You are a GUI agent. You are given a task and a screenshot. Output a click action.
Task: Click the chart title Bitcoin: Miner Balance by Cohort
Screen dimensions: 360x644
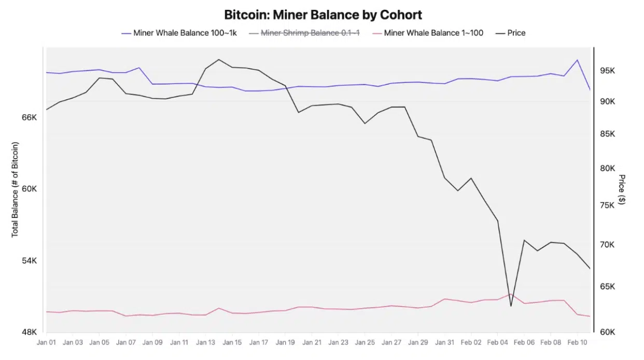[x=323, y=14]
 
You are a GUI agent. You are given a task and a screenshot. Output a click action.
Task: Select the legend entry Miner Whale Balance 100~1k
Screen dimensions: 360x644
[x=185, y=33]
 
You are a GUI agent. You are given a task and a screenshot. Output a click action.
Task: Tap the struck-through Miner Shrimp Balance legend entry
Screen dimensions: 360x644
[x=310, y=33]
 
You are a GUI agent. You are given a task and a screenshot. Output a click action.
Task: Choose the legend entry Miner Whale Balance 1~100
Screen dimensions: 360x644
[x=433, y=33]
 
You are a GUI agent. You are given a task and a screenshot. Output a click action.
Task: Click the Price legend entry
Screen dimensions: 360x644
[x=516, y=33]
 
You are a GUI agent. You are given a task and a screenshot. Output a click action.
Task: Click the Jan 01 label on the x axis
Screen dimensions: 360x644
[x=47, y=342]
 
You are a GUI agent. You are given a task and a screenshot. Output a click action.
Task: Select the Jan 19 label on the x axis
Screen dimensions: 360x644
[x=285, y=342]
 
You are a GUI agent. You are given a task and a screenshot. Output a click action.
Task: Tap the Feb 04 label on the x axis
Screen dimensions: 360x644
[x=498, y=342]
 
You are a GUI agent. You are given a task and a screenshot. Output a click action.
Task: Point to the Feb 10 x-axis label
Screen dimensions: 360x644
[x=577, y=342]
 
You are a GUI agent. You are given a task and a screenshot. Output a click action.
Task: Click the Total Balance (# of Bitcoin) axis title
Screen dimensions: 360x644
[x=15, y=189]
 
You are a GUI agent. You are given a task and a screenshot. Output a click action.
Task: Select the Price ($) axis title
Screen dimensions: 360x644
[x=622, y=189]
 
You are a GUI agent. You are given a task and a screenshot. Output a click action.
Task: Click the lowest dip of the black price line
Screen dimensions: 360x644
[x=511, y=306]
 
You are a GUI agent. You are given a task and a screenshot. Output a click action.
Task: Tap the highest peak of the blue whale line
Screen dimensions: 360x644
[x=577, y=60]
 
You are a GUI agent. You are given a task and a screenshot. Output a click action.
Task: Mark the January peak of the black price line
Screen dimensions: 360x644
[x=219, y=59]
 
